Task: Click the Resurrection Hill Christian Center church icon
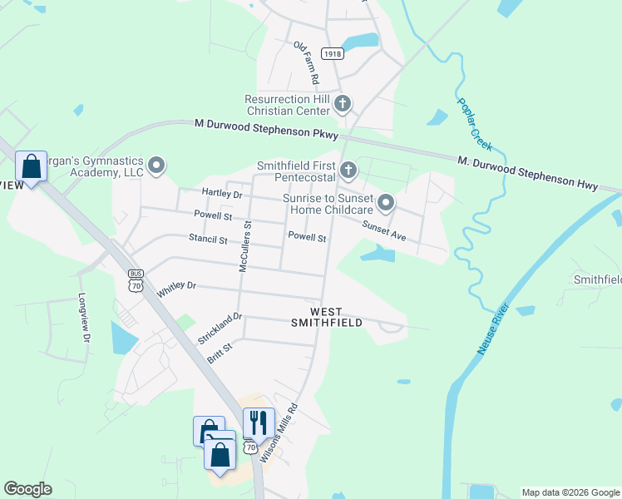[x=343, y=105]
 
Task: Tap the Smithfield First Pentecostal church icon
[x=348, y=170]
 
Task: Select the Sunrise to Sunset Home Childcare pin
[x=386, y=203]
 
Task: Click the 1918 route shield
[x=332, y=54]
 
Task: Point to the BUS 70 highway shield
[x=136, y=279]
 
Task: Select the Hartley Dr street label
[x=221, y=194]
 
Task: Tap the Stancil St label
[x=207, y=240]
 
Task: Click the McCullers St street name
[x=245, y=246]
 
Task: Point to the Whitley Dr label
[x=176, y=288]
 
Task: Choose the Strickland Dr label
[x=220, y=329]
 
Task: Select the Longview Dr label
[x=83, y=318]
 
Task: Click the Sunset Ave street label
[x=383, y=231]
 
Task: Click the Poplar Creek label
[x=475, y=124]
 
